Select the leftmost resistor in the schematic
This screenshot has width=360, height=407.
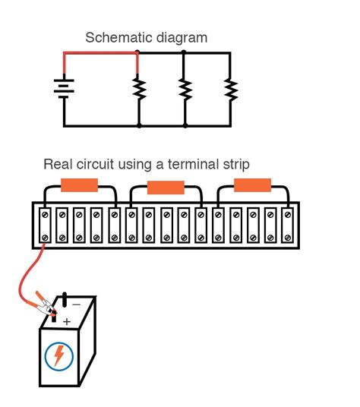(139, 90)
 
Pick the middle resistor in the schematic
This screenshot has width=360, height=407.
(184, 90)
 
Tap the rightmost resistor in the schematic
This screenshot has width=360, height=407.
(229, 90)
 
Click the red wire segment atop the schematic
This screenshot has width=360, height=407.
(99, 53)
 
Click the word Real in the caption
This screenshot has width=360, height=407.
(57, 164)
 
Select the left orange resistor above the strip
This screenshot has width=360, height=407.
(79, 185)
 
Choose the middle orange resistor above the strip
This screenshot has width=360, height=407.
(166, 188)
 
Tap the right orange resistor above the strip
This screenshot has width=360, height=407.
(252, 185)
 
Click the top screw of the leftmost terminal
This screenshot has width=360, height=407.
(45, 216)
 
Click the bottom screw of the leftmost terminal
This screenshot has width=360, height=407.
(45, 238)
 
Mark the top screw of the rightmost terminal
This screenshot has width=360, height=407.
(286, 216)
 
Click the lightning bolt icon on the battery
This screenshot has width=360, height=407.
(58, 355)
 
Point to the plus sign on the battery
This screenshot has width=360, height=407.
(67, 322)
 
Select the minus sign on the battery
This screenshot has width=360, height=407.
(76, 304)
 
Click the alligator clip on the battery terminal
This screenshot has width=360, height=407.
(46, 308)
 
